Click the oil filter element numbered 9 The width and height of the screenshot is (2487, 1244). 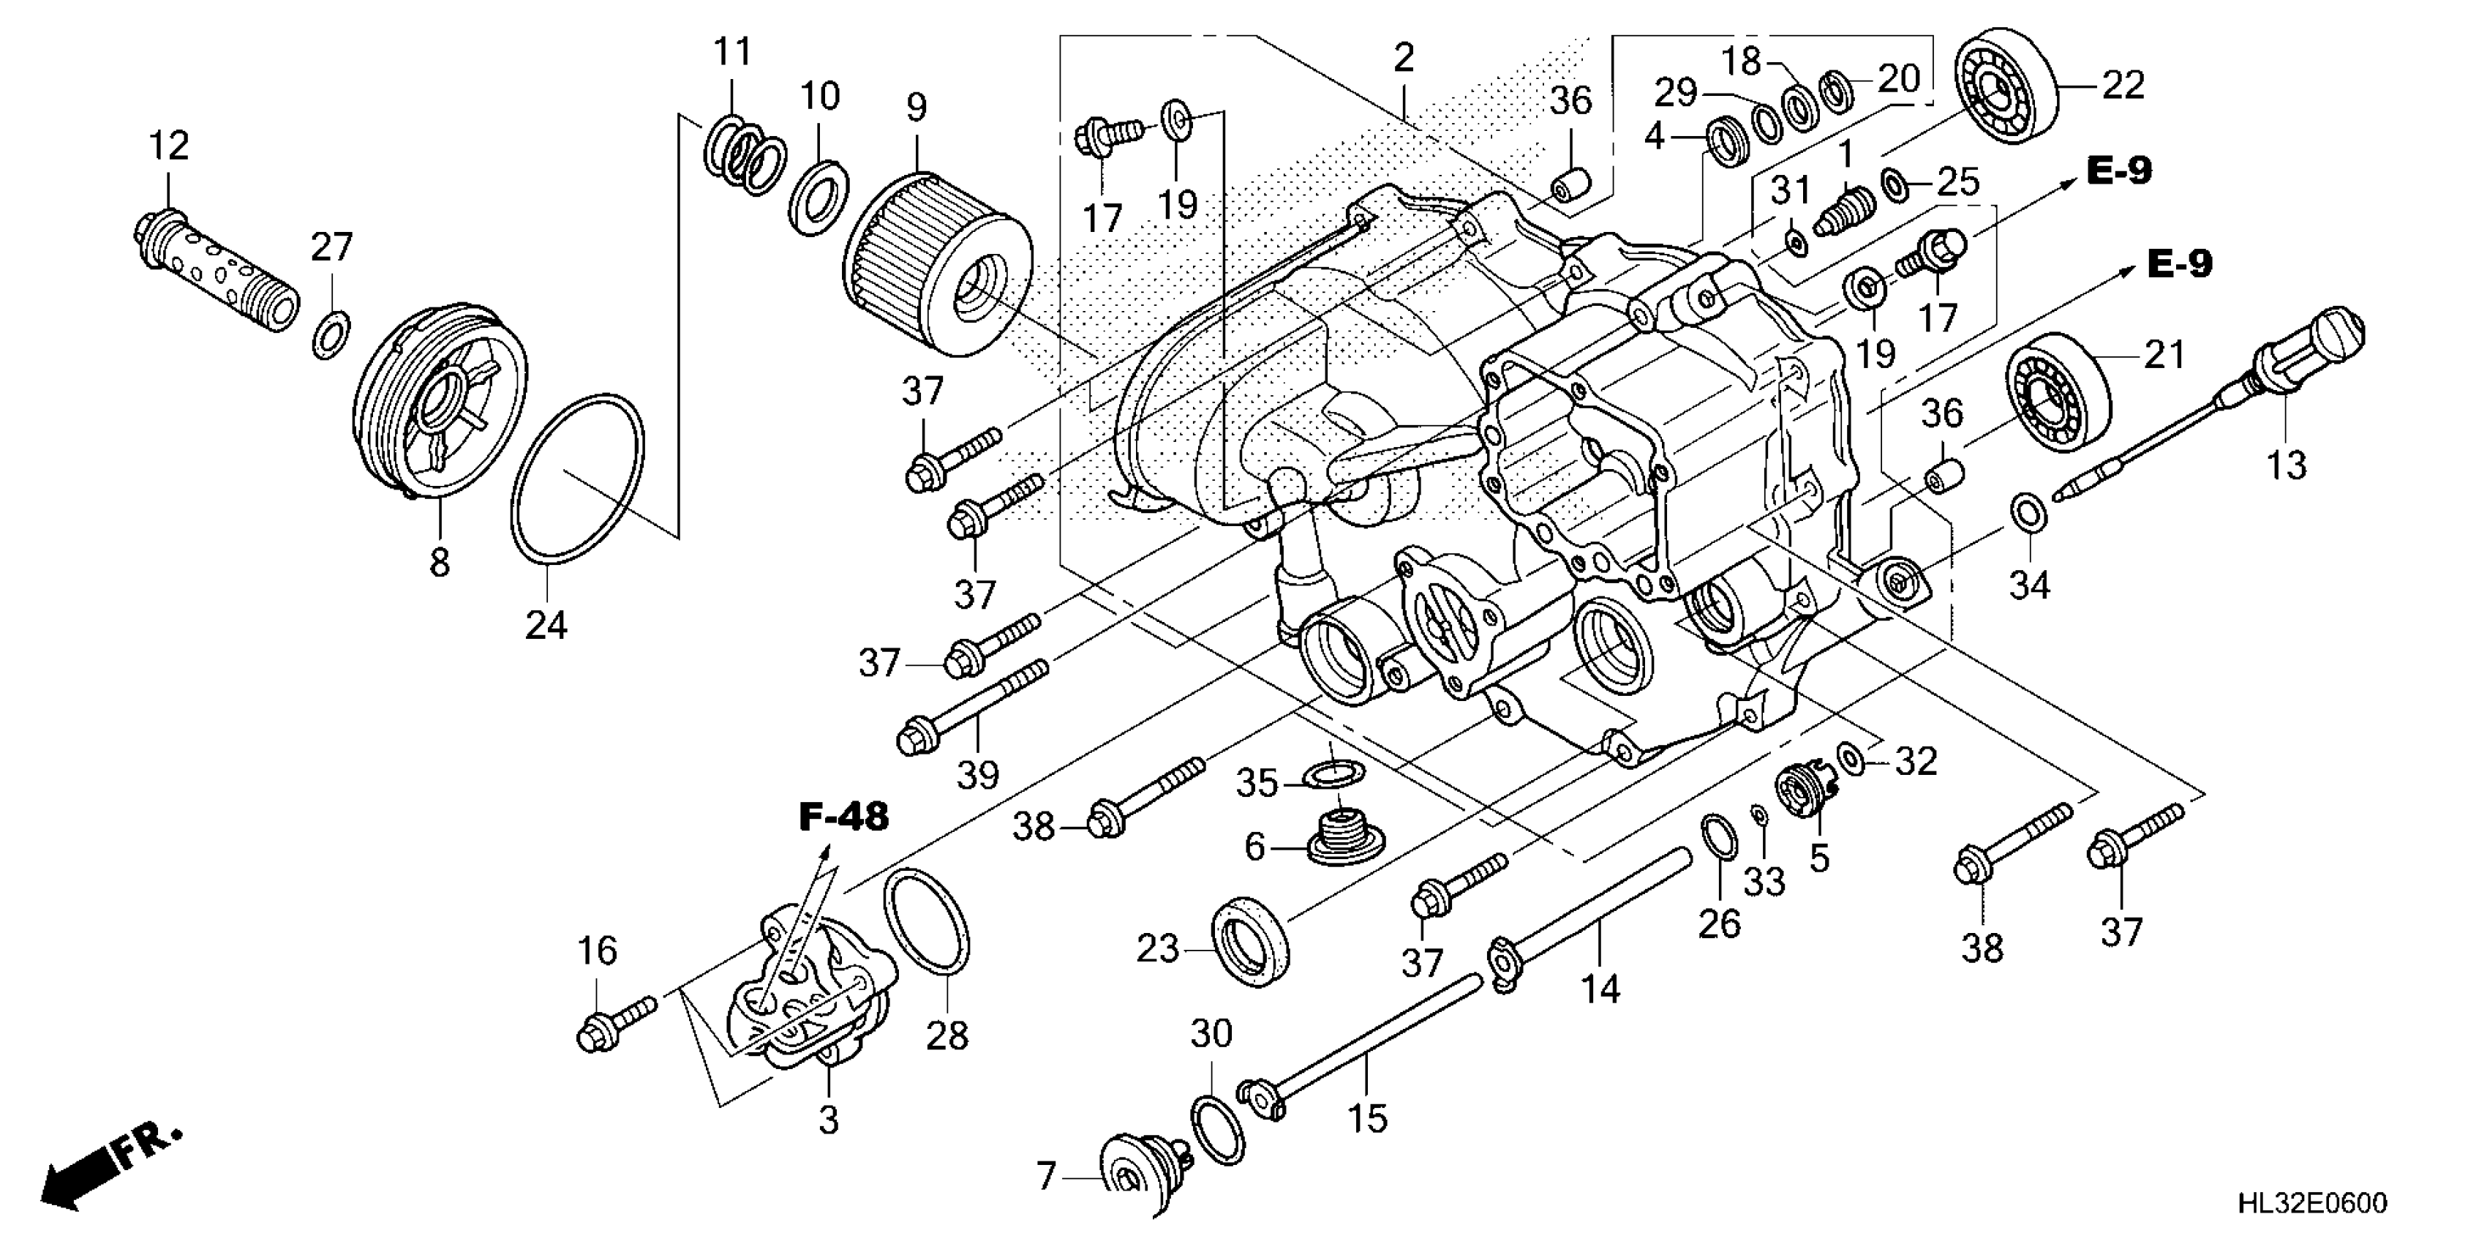[x=936, y=263]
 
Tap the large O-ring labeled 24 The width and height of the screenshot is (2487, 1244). [x=576, y=477]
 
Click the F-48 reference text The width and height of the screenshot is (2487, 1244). [x=843, y=817]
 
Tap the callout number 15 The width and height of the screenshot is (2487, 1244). [x=1367, y=1118]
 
